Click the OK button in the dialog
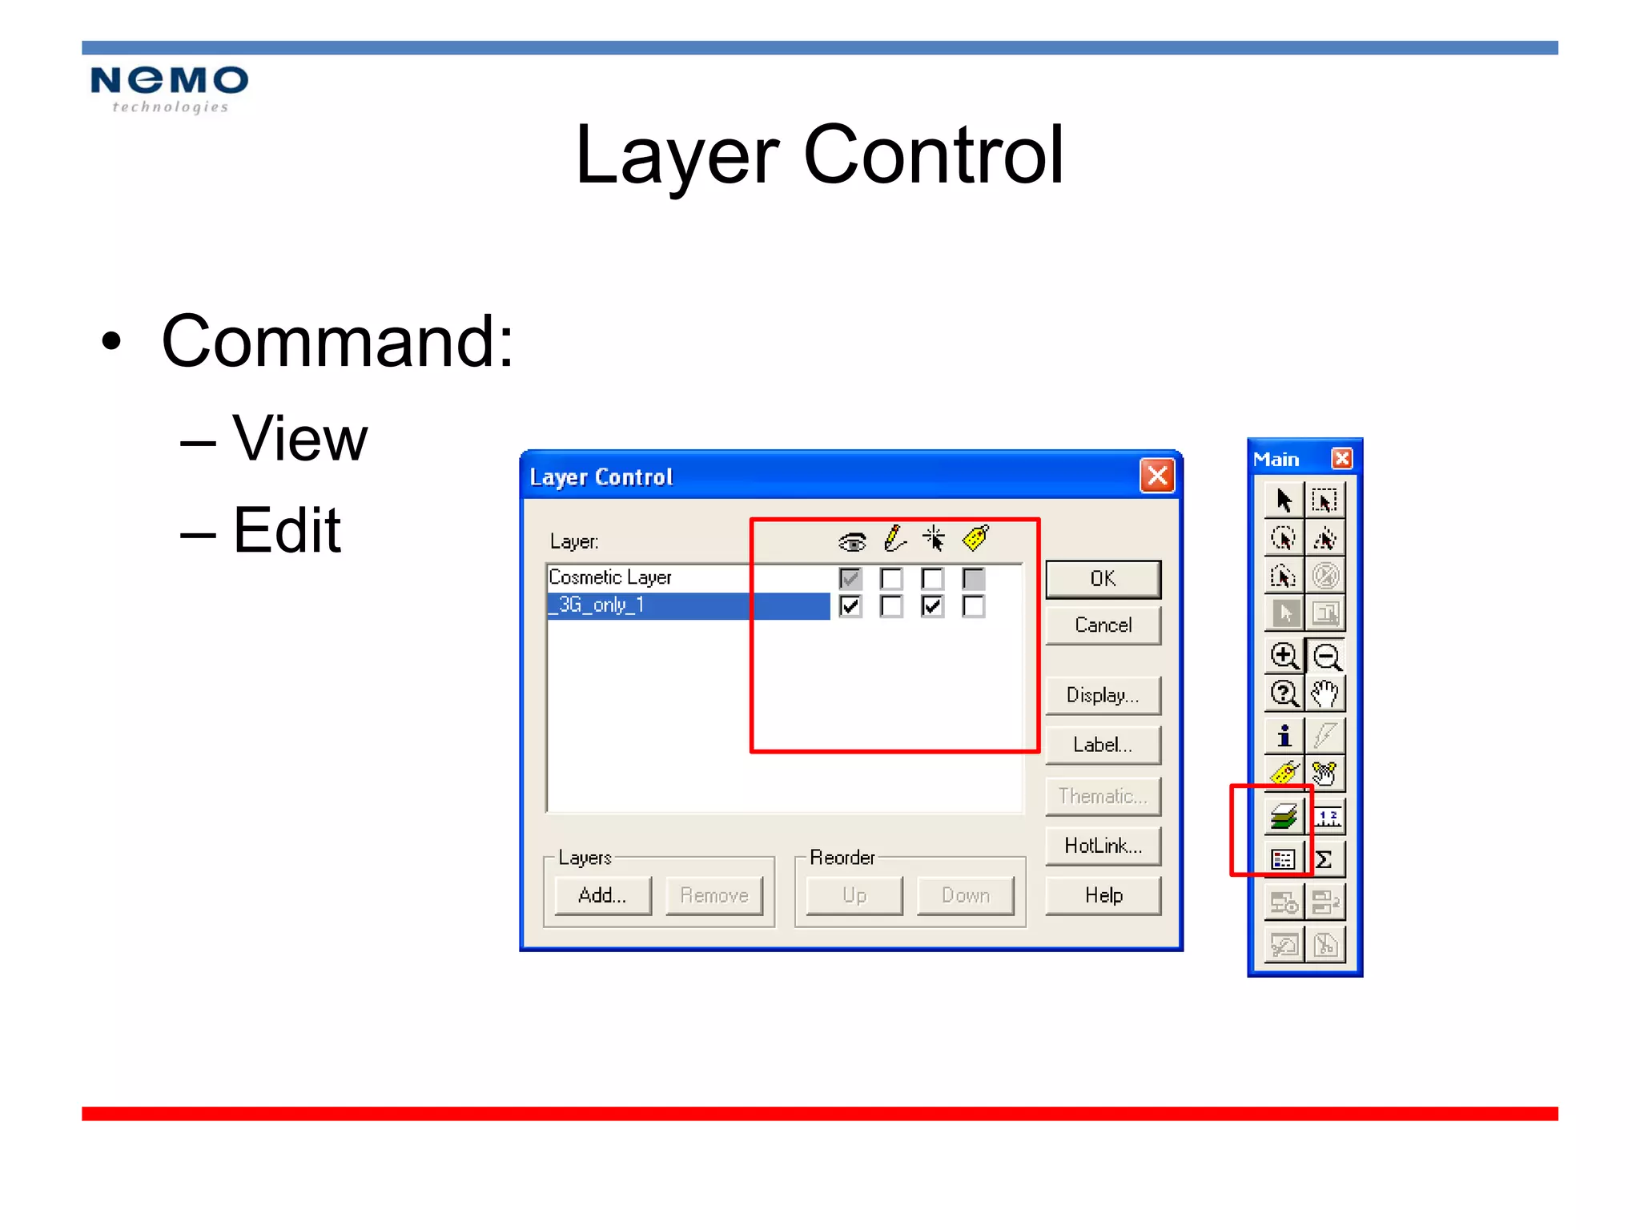[1103, 579]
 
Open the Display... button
[1103, 695]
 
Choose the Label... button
[1103, 745]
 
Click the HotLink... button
[1103, 846]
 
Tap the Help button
[1103, 895]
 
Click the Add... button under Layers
[602, 895]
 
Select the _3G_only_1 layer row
[687, 605]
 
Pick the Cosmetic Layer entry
[610, 577]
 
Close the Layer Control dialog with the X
[1156, 476]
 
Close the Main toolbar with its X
[1341, 459]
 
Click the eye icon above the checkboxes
[852, 542]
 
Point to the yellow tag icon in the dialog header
[975, 538]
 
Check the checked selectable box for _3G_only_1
[932, 606]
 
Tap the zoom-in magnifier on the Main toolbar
[1284, 656]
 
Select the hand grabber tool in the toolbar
[1325, 693]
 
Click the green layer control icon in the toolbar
[1284, 817]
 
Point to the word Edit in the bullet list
[287, 530]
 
